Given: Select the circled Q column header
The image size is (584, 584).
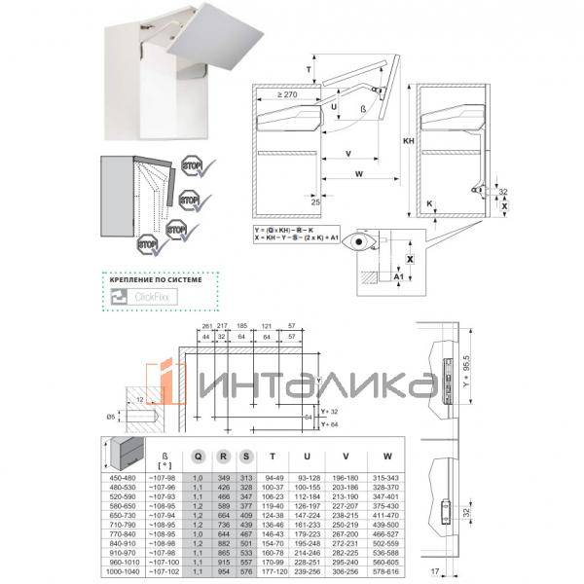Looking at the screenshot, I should click(199, 453).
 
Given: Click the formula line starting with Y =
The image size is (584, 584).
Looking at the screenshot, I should click(288, 231).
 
